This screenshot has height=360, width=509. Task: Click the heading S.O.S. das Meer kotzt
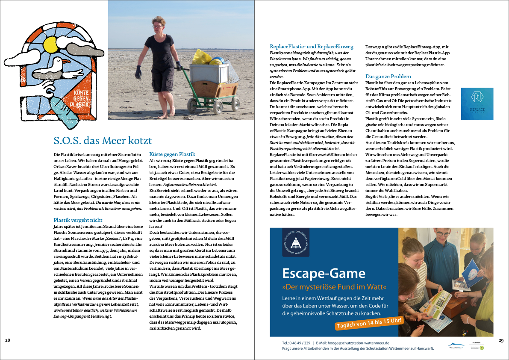(x=103, y=140)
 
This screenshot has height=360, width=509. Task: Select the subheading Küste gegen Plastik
(x=172, y=154)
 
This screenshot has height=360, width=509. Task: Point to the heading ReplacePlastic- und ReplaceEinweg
(x=312, y=47)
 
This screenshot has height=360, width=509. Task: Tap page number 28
(x=8, y=340)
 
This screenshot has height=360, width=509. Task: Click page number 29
(x=501, y=340)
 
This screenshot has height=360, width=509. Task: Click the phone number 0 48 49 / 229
(x=296, y=343)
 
